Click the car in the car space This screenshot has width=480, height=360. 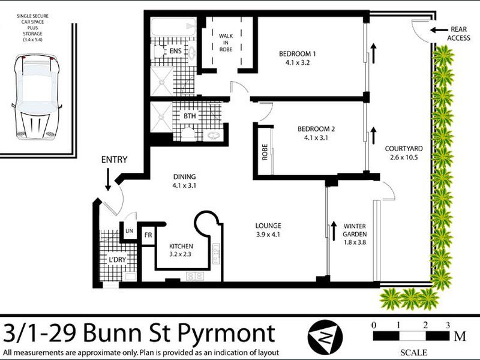(x=38, y=94)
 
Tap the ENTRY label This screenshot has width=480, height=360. (x=114, y=160)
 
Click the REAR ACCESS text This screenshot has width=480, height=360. (x=459, y=34)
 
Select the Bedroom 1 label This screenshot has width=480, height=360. (x=297, y=55)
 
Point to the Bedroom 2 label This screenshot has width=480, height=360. (x=316, y=128)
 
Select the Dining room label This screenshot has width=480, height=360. (x=184, y=177)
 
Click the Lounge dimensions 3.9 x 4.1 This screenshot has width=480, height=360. (x=267, y=235)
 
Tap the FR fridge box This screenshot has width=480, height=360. (x=148, y=235)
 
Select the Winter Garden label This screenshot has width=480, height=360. (x=355, y=230)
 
